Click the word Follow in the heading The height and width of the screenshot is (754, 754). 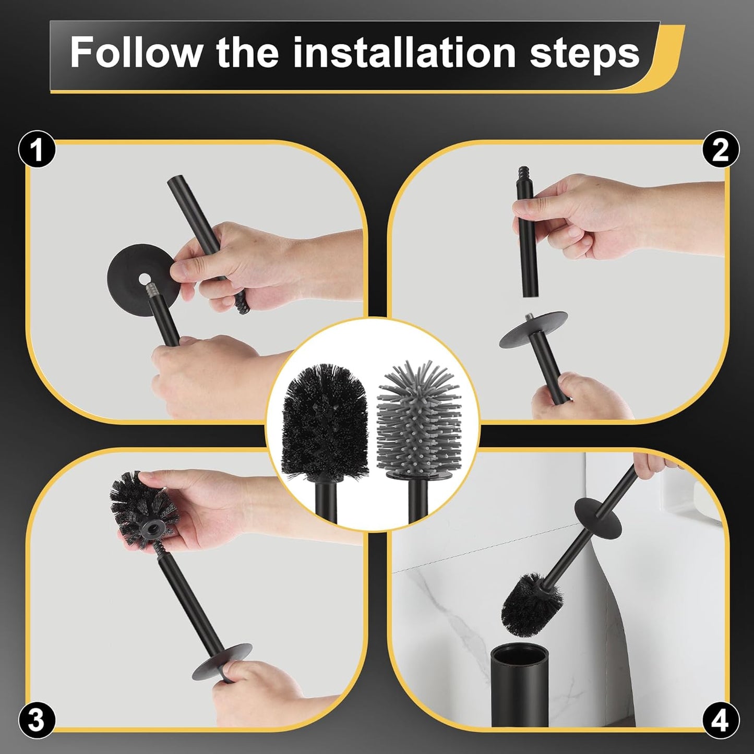135,52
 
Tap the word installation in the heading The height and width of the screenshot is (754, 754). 404,52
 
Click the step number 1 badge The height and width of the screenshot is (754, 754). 37,149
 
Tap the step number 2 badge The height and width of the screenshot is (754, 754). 721,149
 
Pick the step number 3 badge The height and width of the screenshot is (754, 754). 37,721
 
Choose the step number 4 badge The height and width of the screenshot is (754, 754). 721,721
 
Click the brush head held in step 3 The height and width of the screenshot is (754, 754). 144,510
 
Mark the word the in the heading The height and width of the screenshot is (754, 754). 247,52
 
